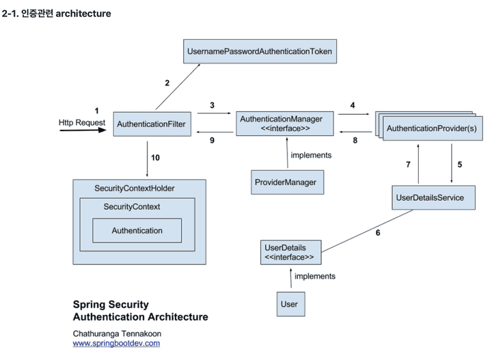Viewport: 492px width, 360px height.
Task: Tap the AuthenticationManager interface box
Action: [x=286, y=124]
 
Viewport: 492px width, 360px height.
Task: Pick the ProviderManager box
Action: [x=286, y=182]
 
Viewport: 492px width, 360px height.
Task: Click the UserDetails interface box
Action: [x=290, y=252]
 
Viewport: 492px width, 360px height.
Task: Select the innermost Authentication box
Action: [x=137, y=231]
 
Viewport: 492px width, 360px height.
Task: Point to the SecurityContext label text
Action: [x=132, y=206]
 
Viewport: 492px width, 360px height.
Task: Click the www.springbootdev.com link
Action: [x=116, y=344]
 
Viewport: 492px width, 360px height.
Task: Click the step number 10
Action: [x=155, y=158]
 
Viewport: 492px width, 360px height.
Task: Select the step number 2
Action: [x=166, y=83]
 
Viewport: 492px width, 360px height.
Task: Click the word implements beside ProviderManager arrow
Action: [x=311, y=156]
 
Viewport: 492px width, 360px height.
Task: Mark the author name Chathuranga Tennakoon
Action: [x=117, y=333]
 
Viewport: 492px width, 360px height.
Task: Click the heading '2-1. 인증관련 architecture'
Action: [x=56, y=14]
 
